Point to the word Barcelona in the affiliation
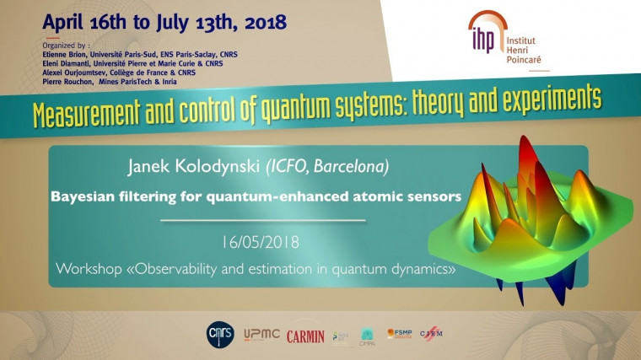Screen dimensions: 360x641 click(x=353, y=168)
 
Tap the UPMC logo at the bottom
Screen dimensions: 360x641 click(x=262, y=335)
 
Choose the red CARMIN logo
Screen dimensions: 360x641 click(x=305, y=336)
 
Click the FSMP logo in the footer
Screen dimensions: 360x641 click(x=399, y=334)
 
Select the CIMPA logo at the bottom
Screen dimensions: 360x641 click(x=368, y=336)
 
